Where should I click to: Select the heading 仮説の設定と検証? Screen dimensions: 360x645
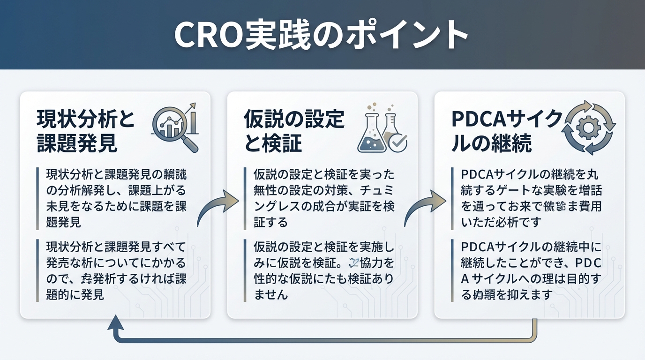tap(294, 132)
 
